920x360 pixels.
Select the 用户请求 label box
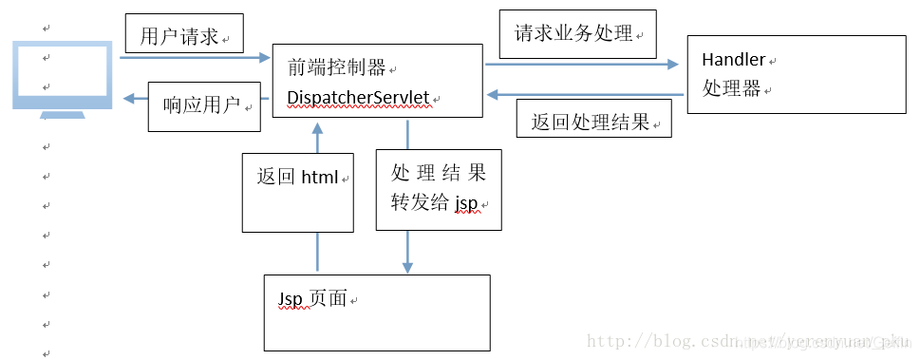183,35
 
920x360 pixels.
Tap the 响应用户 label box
204,105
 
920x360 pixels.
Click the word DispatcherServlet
359,98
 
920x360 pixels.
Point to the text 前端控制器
337,67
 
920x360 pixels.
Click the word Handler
733,60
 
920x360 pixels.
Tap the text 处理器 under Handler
732,89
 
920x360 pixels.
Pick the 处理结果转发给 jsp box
438,188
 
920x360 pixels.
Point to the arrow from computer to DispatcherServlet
195,59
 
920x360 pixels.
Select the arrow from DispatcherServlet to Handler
581,65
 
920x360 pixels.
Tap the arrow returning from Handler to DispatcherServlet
585,94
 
